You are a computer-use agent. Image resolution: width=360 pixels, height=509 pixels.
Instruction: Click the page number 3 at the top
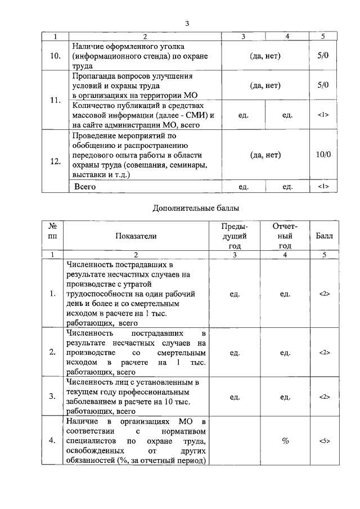tap(187, 23)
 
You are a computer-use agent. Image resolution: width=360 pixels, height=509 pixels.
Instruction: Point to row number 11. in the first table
tap(55, 100)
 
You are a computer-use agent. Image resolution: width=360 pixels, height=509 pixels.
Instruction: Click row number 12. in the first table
tap(55, 161)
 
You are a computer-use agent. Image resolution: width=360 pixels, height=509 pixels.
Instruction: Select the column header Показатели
tap(136, 236)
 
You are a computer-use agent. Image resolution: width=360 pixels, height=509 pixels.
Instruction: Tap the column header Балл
tap(324, 236)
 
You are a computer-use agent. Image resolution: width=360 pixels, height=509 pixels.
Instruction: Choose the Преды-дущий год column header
tap(235, 236)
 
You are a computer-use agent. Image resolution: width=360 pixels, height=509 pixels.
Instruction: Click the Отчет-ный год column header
tap(285, 236)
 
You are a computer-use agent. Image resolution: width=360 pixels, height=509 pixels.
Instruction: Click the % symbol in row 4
tap(285, 440)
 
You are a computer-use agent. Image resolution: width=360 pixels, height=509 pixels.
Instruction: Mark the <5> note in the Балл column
tap(324, 440)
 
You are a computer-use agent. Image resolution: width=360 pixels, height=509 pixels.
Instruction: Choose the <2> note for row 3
tap(324, 397)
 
